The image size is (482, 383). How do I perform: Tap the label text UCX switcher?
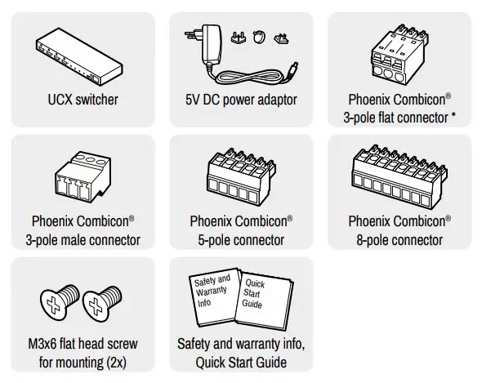click(83, 100)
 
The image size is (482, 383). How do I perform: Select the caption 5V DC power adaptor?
click(241, 100)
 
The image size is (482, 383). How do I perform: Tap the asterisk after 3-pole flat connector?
click(453, 118)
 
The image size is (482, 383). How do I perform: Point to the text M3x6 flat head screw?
click(82, 344)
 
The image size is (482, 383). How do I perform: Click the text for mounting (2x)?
click(82, 362)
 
